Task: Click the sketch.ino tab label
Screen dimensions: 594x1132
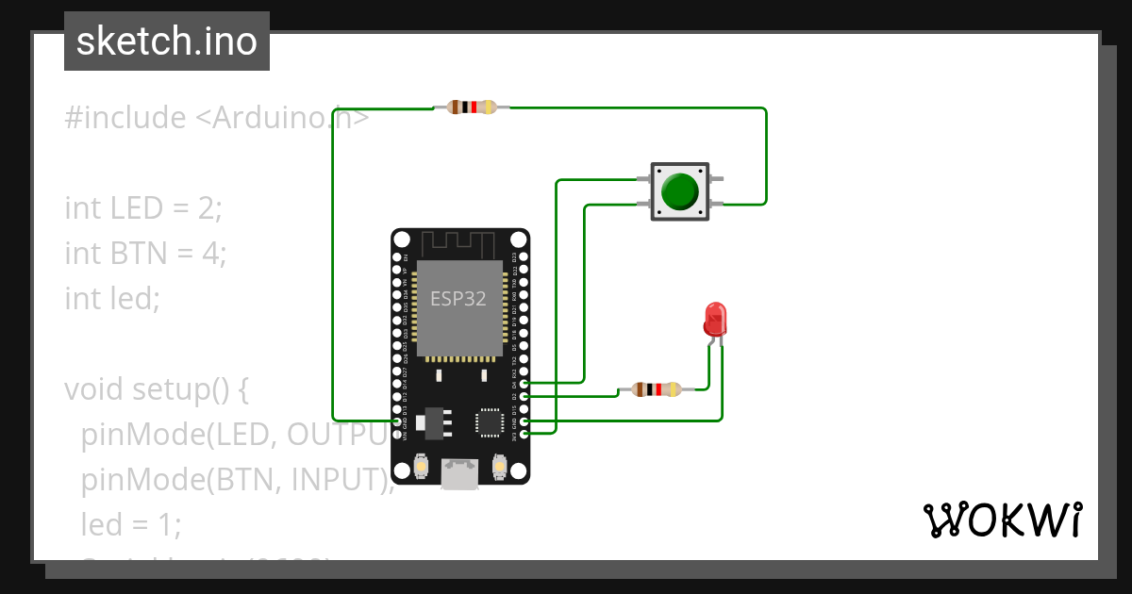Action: pyautogui.click(x=167, y=41)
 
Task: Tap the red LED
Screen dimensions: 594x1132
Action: pyautogui.click(x=715, y=320)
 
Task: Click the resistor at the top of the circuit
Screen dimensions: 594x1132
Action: pyautogui.click(x=472, y=107)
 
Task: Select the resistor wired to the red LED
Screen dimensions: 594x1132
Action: pyautogui.click(x=656, y=388)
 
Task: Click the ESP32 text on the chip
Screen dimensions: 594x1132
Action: pyautogui.click(x=458, y=299)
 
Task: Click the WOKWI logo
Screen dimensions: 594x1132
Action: pyautogui.click(x=1001, y=520)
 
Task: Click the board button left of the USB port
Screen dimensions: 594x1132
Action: pyautogui.click(x=421, y=467)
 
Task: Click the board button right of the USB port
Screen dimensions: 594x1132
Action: pyautogui.click(x=500, y=467)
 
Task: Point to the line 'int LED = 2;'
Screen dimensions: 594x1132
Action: pyautogui.click(x=143, y=207)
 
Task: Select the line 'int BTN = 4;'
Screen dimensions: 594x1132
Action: pyautogui.click(x=145, y=253)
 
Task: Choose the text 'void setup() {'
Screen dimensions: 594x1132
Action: pyautogui.click(x=156, y=388)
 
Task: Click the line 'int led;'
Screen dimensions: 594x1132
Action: pyautogui.click(x=112, y=298)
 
